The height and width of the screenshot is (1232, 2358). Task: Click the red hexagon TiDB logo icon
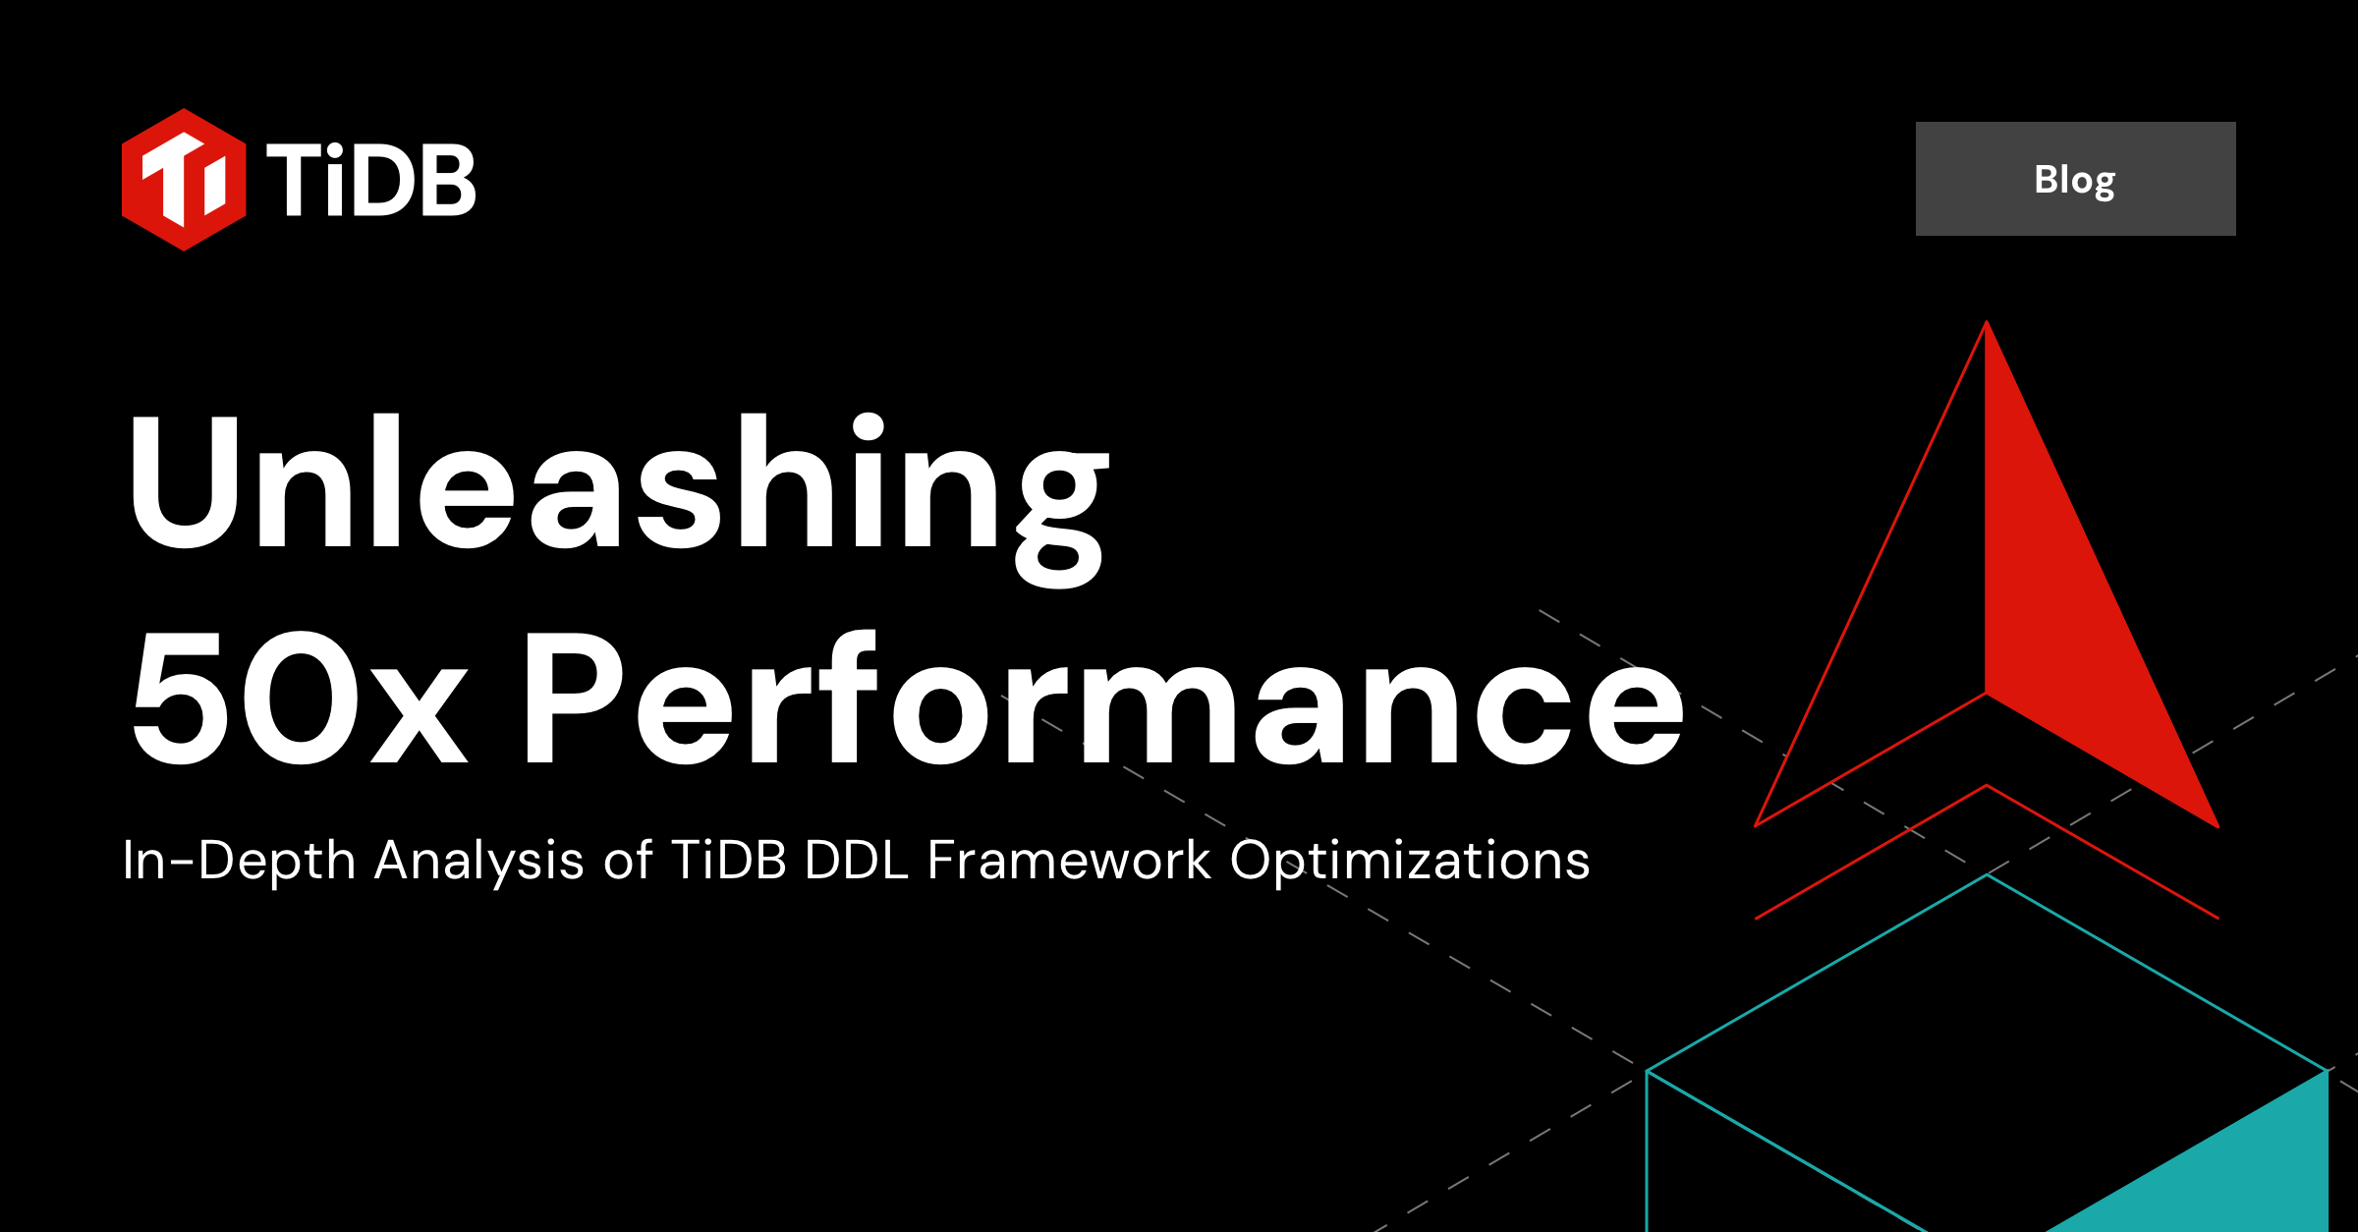click(x=184, y=180)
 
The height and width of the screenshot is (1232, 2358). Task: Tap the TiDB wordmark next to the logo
click(x=371, y=180)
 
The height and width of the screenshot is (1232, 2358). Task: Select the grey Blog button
click(x=2075, y=179)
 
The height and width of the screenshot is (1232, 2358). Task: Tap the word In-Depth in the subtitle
click(x=238, y=861)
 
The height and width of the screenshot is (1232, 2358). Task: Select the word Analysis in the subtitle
click(x=479, y=861)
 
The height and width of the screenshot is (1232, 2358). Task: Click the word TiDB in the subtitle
click(x=729, y=861)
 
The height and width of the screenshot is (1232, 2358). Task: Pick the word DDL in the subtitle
click(x=856, y=861)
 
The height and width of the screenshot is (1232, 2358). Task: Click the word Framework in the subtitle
click(x=1069, y=861)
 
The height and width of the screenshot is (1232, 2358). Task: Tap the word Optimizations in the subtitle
click(x=1410, y=861)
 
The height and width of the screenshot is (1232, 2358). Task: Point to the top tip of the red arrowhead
click(x=1987, y=324)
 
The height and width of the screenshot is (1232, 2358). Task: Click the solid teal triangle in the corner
click(x=2250, y=1169)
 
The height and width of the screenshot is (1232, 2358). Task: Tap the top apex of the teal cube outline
click(x=1988, y=875)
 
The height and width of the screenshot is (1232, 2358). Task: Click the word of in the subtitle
click(x=628, y=861)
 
